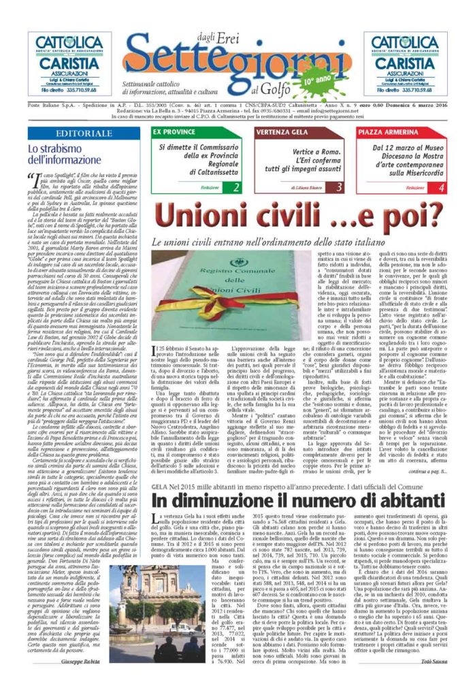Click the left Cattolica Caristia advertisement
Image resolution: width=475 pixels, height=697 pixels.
[x=69, y=64]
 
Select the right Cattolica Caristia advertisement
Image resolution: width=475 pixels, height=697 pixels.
[x=406, y=64]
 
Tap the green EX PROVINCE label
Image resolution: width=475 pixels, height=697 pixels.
[x=174, y=131]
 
